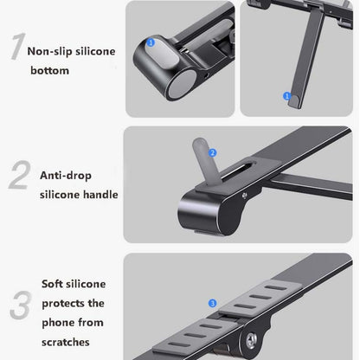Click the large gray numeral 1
point(15,48)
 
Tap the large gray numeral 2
point(18,175)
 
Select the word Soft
point(55,283)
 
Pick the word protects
point(64,303)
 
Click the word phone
point(60,323)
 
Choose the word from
point(91,323)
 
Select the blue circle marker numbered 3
point(212,304)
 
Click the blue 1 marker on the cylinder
point(151,41)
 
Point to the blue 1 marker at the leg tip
point(285,95)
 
